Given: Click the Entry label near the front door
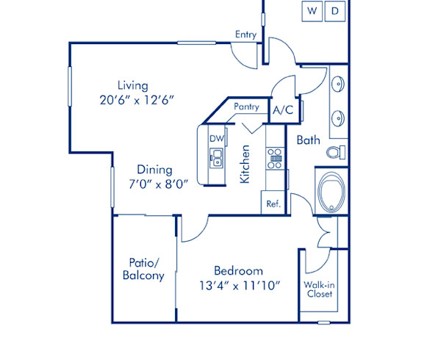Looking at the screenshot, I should tap(245, 35).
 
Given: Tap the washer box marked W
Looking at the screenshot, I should tap(312, 11).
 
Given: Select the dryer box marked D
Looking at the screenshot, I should tap(334, 11).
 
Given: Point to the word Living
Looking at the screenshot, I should tap(132, 84).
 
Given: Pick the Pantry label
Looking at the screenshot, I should tap(246, 107).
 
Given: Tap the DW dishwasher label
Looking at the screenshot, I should tap(216, 138).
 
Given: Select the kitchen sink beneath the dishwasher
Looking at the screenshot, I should tap(217, 156).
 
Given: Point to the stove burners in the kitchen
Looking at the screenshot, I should tap(275, 159).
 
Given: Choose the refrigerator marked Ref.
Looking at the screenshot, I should tap(273, 204).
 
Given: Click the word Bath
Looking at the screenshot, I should tap(308, 140).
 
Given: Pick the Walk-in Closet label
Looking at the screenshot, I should tap(318, 289).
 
